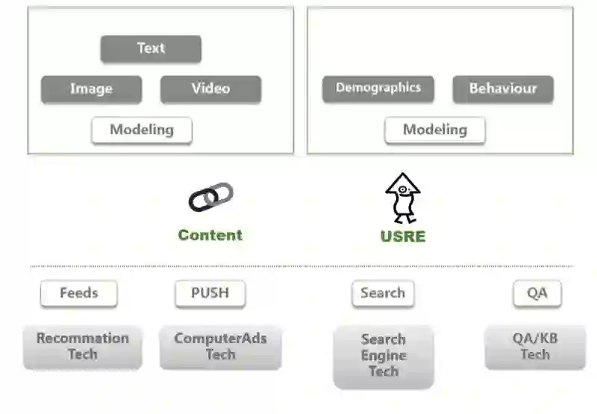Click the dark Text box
pos(151,49)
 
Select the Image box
pos(91,89)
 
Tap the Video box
pos(210,89)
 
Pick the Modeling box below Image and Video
pos(142,130)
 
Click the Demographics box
pos(378,89)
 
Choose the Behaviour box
pos(503,89)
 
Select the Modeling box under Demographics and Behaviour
pos(435,130)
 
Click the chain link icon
pos(210,197)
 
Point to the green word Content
pos(210,235)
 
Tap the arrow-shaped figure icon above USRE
pos(403,198)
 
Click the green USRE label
pos(403,236)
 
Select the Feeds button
pos(79,293)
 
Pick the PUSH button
pos(210,293)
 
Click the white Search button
pos(383,293)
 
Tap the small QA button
pos(537,293)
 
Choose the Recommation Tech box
pos(83,346)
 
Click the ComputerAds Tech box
pos(220,346)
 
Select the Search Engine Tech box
pos(384,356)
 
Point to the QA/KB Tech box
pos(535,346)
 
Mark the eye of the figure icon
pos(403,191)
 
